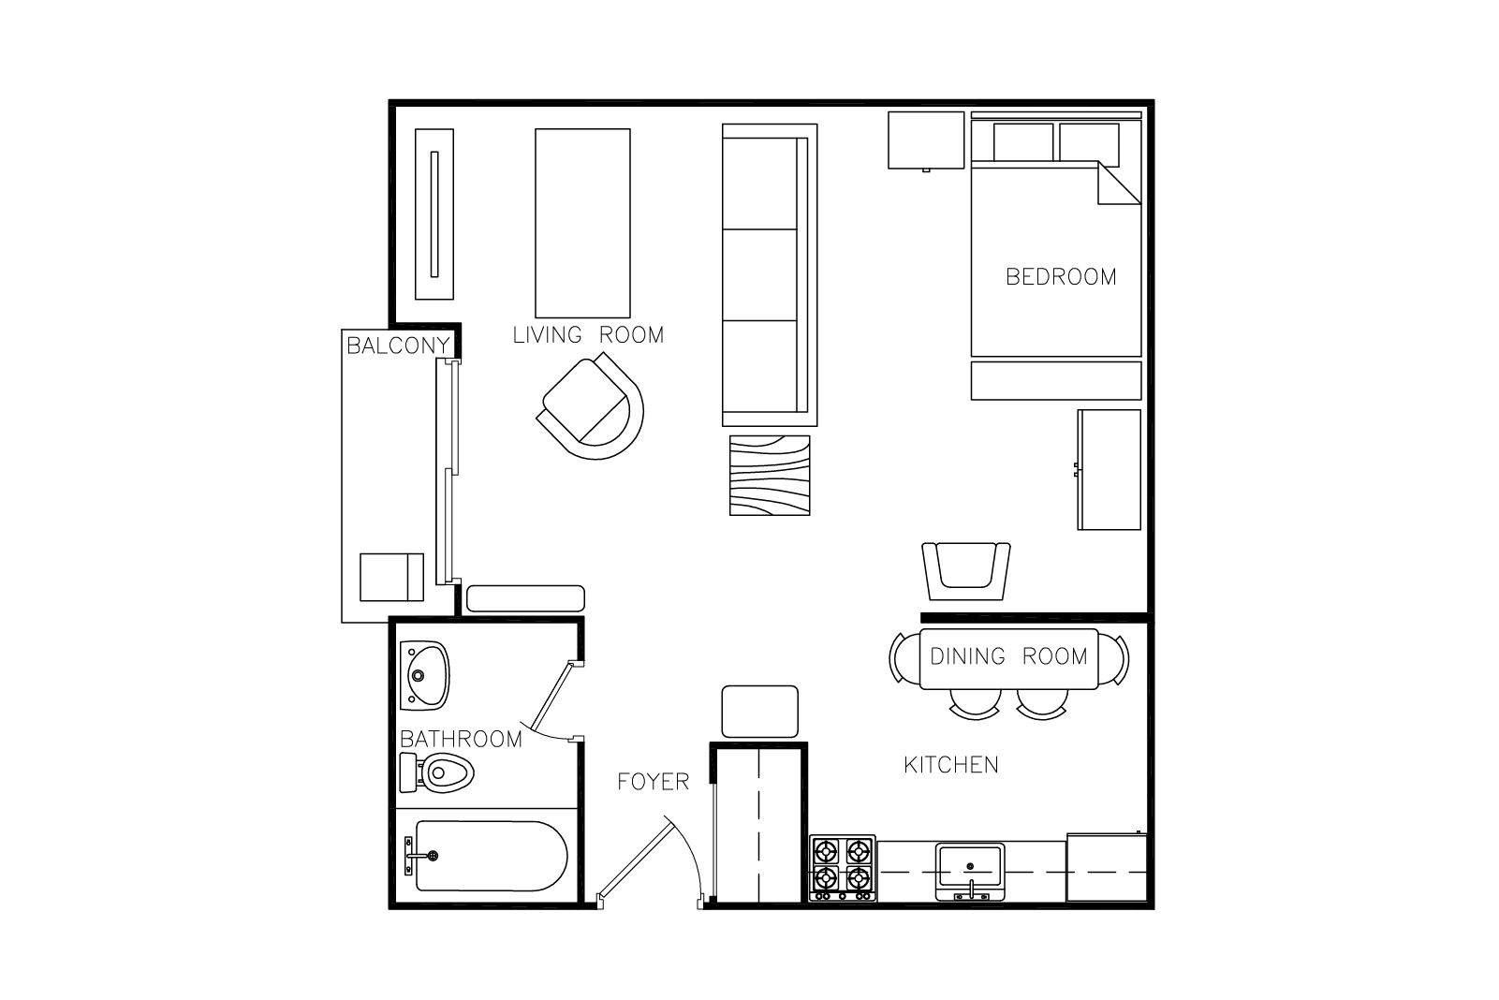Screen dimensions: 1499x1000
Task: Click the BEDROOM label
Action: pos(1061,276)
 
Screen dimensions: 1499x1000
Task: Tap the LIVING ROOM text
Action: pos(588,334)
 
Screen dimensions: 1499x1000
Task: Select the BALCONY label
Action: pos(398,346)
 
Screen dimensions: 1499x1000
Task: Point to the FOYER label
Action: pos(653,781)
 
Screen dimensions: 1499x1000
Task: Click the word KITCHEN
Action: pos(951,764)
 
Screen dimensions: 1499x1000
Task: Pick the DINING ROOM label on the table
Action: pos(1008,656)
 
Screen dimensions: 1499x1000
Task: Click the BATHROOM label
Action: pos(461,739)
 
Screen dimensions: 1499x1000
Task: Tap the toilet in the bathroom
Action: pos(437,772)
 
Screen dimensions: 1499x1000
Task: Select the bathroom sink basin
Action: pos(424,675)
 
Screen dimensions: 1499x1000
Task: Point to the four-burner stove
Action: pos(843,868)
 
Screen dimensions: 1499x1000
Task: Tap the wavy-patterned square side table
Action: pos(770,476)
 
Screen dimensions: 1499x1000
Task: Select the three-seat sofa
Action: pos(770,274)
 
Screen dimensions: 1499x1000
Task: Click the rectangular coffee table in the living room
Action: pos(582,223)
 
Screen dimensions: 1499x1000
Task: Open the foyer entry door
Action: pos(649,863)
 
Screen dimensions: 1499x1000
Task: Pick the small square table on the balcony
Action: pos(391,577)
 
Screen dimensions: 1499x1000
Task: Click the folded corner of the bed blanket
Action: pos(1118,184)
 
